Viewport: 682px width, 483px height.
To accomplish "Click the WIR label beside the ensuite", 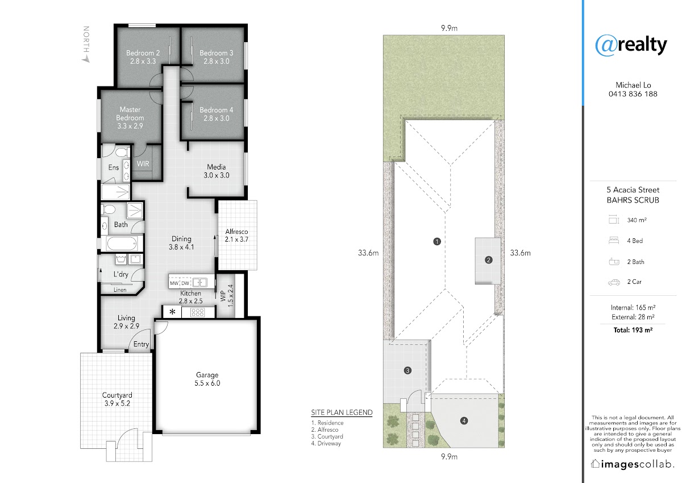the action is coord(143,164).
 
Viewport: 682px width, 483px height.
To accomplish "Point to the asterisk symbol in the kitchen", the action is coord(172,312).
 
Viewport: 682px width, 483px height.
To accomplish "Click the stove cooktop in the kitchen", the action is coord(198,312).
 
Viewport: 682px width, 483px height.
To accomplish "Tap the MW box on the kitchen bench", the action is coord(174,283).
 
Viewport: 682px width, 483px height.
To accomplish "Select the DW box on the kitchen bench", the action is coord(185,283).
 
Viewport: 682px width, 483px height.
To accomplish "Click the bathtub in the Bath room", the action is coord(122,243).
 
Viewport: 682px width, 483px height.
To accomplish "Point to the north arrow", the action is coord(86,44).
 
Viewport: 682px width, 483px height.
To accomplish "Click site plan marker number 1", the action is coord(437,242).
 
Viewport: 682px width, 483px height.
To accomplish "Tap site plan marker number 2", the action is coord(489,260).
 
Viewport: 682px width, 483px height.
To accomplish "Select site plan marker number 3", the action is coord(407,370).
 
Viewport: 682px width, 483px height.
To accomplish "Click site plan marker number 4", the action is coord(464,421).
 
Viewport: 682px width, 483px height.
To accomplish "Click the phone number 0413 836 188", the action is coord(633,94).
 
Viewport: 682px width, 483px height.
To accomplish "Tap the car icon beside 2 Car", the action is coord(614,283).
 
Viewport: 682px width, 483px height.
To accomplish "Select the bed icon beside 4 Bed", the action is coord(614,241).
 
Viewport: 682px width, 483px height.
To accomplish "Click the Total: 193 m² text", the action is coord(633,330).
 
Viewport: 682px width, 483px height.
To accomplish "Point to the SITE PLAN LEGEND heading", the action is coord(342,412).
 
